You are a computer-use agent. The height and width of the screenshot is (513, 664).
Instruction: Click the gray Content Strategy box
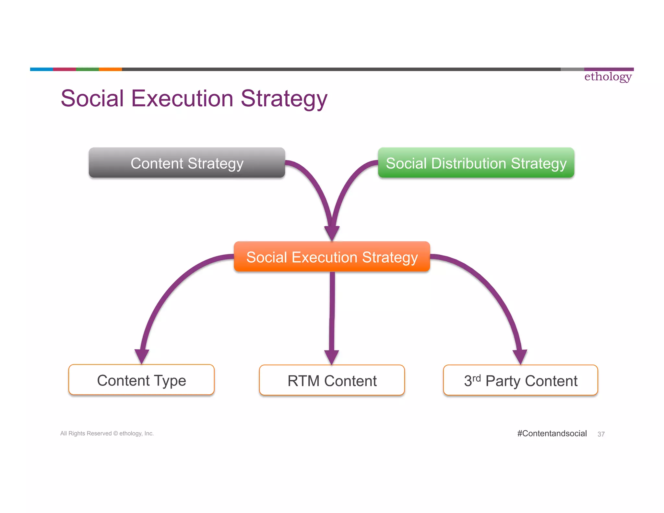tap(187, 163)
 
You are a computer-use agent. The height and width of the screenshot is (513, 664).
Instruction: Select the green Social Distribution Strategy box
tap(476, 163)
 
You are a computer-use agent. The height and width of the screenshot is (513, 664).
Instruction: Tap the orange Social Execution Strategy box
tap(332, 257)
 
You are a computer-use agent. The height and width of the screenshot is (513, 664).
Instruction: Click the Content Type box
tap(141, 380)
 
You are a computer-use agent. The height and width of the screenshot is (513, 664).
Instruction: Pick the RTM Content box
tap(332, 380)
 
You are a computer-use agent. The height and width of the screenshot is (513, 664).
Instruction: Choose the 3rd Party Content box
tap(520, 380)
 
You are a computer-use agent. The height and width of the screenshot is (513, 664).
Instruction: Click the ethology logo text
tap(608, 77)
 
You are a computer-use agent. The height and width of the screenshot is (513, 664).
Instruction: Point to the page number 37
tap(601, 434)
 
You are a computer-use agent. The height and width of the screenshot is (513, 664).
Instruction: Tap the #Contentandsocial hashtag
tap(552, 434)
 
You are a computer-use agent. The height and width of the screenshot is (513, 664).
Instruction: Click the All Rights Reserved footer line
tap(107, 434)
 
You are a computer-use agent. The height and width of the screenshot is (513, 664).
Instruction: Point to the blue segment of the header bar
tap(41, 69)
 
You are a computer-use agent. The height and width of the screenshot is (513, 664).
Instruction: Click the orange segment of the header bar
tap(110, 69)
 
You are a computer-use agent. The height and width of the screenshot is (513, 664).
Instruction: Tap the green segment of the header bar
tap(87, 69)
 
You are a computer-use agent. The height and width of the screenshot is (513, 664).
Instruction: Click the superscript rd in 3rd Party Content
tap(476, 378)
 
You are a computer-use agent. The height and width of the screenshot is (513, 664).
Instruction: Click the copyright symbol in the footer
tap(115, 434)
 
